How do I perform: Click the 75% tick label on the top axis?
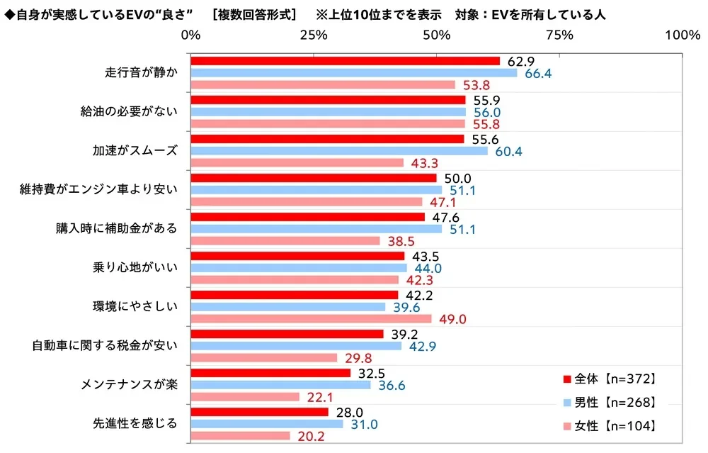[560, 35]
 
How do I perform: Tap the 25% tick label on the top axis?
[314, 35]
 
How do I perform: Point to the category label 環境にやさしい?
[137, 307]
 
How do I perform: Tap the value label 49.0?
[452, 319]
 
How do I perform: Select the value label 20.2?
[312, 436]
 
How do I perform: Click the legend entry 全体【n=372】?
[610, 378]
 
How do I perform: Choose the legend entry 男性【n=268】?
[610, 402]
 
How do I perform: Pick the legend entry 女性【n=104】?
[610, 426]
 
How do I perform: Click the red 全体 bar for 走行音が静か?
[346, 61]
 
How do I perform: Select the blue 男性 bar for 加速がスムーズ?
[339, 151]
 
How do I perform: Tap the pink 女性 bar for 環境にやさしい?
[311, 319]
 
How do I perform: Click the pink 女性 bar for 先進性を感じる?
[241, 436]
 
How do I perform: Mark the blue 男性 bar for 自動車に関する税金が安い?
[297, 346]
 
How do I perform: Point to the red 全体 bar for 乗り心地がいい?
[298, 256]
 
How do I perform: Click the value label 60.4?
[508, 151]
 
